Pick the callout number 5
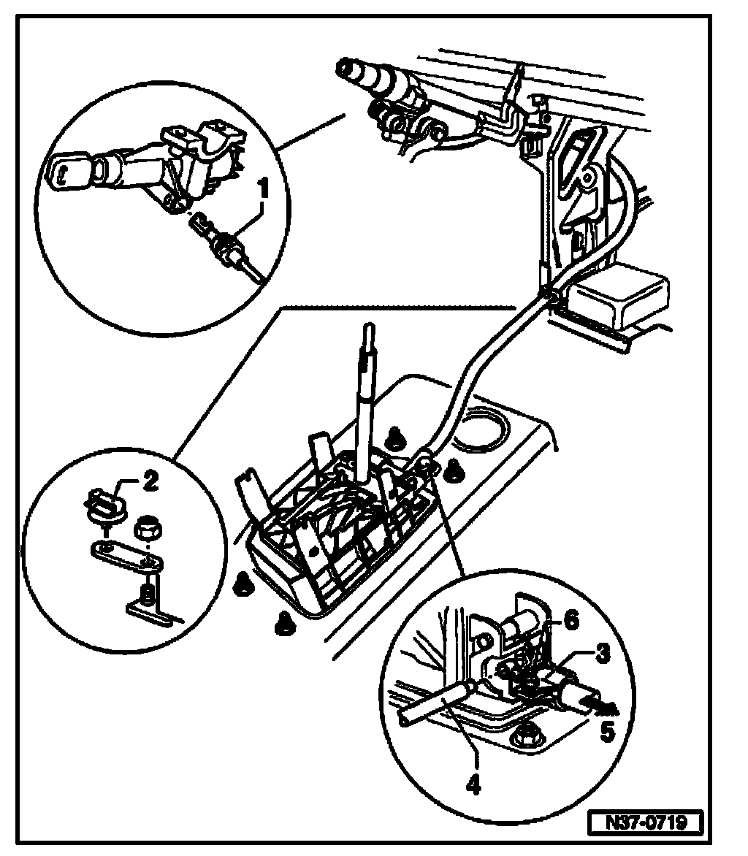(608, 731)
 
